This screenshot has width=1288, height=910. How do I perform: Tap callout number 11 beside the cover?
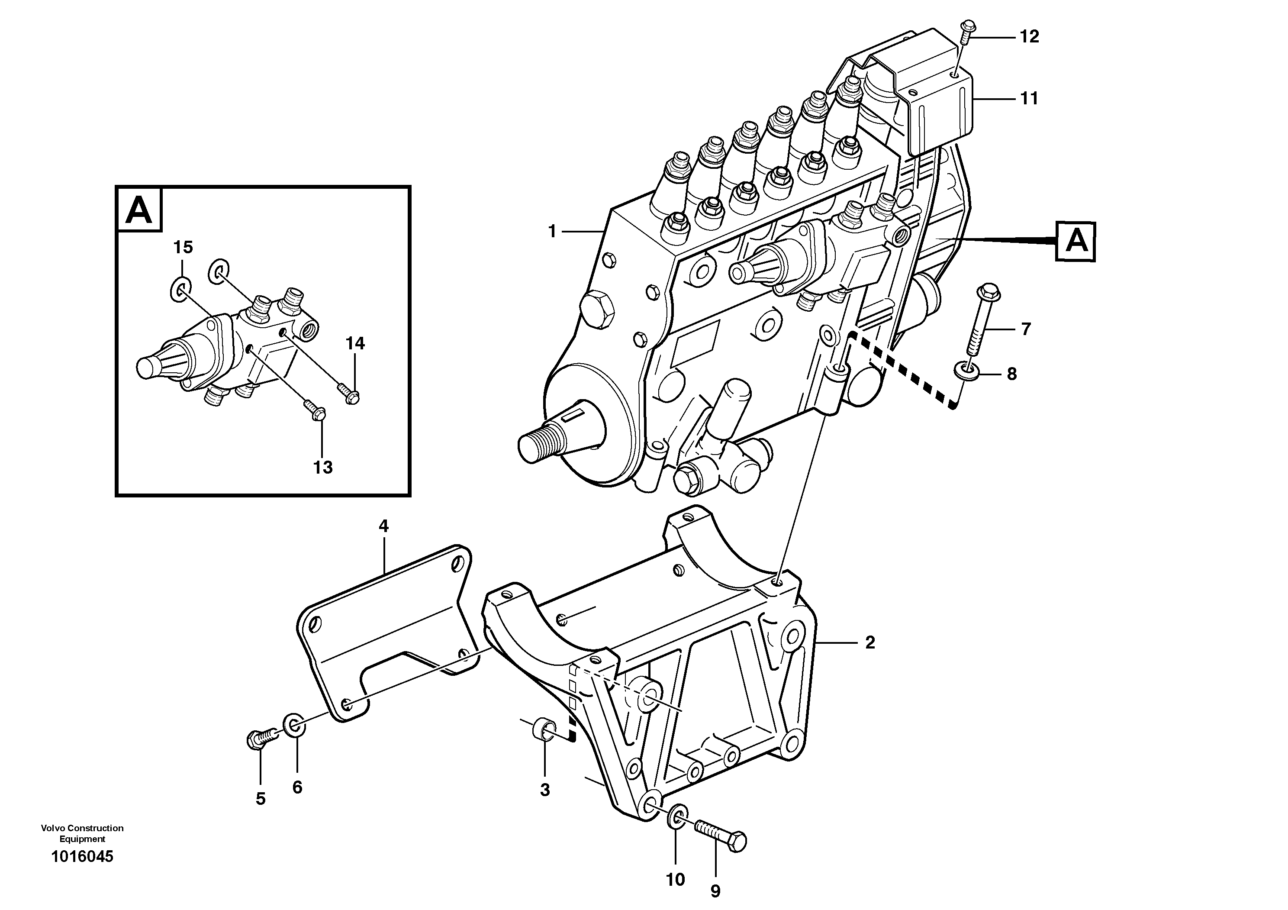coord(1029,99)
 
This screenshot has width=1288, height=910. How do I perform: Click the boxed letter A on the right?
coord(1075,242)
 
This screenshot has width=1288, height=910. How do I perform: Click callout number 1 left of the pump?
coord(552,231)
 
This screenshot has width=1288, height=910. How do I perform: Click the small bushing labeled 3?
coord(544,730)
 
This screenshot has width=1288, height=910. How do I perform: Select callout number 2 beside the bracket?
coord(869,642)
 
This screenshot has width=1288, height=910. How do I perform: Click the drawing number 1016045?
coord(82,857)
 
